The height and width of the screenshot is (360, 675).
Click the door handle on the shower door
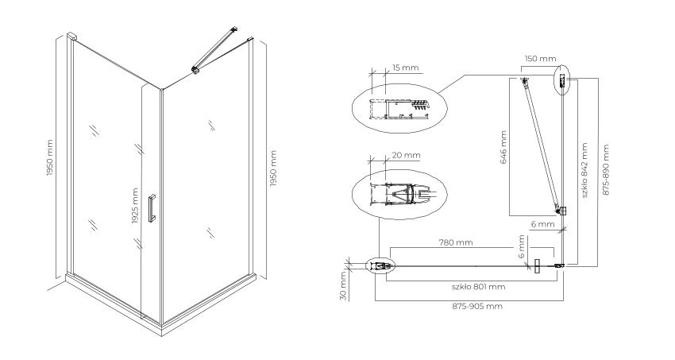pos(152,208)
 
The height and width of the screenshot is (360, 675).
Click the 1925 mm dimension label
pos(135,207)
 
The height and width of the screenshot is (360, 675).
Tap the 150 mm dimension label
pos(540,59)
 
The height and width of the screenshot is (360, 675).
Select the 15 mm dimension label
pos(405,68)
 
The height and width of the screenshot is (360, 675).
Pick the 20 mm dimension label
pos(406,155)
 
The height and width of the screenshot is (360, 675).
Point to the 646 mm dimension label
pos(503,147)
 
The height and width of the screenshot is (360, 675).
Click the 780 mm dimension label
pos(456,242)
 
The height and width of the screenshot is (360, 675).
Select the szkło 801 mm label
pos(478,286)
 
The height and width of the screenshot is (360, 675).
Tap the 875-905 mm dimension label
pos(477,306)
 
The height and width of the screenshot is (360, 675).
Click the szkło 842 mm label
pos(584,171)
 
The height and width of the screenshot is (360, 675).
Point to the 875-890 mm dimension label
pos(606,170)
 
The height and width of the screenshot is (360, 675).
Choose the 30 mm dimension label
pos(343,285)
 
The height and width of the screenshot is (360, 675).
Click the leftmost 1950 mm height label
pos(49,157)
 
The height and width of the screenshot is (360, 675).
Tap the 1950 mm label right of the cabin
pos(273,168)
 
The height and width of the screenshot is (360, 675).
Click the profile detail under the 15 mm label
pos(399,108)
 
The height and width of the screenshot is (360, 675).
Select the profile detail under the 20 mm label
pos(399,194)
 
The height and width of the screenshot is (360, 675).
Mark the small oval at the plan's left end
pos(380,266)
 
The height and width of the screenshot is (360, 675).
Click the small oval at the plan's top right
pos(561,80)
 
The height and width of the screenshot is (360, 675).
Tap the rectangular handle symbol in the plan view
pos(537,266)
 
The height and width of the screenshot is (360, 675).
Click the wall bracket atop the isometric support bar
pos(234,29)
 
